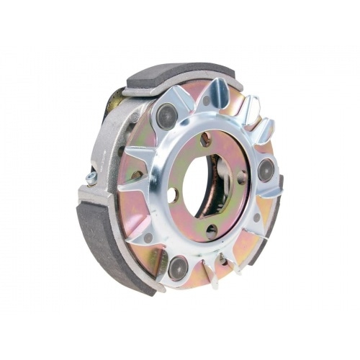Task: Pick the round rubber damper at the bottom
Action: [x=179, y=266]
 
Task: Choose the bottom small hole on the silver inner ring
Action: [x=211, y=230]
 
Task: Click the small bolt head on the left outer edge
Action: [x=92, y=176]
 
